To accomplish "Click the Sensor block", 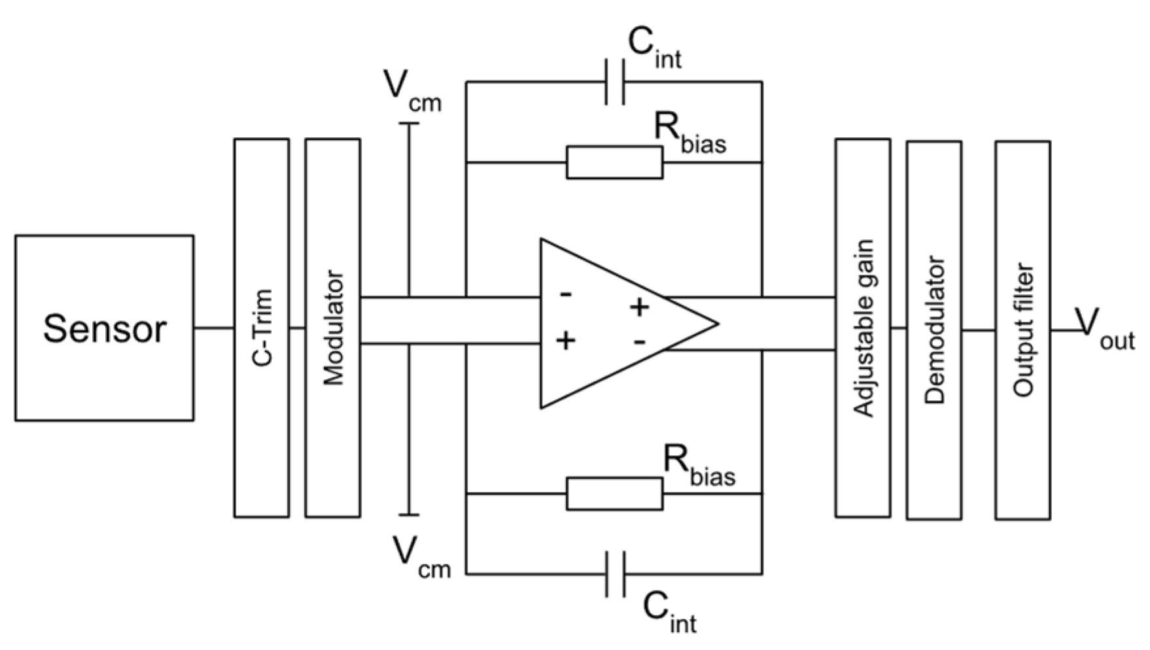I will [104, 328].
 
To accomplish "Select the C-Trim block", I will [262, 328].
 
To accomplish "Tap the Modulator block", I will [333, 328].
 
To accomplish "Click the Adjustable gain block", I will [863, 328].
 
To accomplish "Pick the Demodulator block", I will [934, 330].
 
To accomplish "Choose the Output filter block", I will [1023, 330].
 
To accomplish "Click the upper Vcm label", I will [412, 93].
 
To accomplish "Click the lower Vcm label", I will [421, 557].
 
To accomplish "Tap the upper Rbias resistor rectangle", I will [614, 162].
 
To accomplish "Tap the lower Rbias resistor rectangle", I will [614, 494].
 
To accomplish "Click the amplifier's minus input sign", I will [566, 294].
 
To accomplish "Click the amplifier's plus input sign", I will [566, 340].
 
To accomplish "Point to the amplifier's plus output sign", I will [639, 307].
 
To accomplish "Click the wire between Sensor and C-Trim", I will [214, 328].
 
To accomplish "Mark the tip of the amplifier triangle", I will [718, 323].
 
